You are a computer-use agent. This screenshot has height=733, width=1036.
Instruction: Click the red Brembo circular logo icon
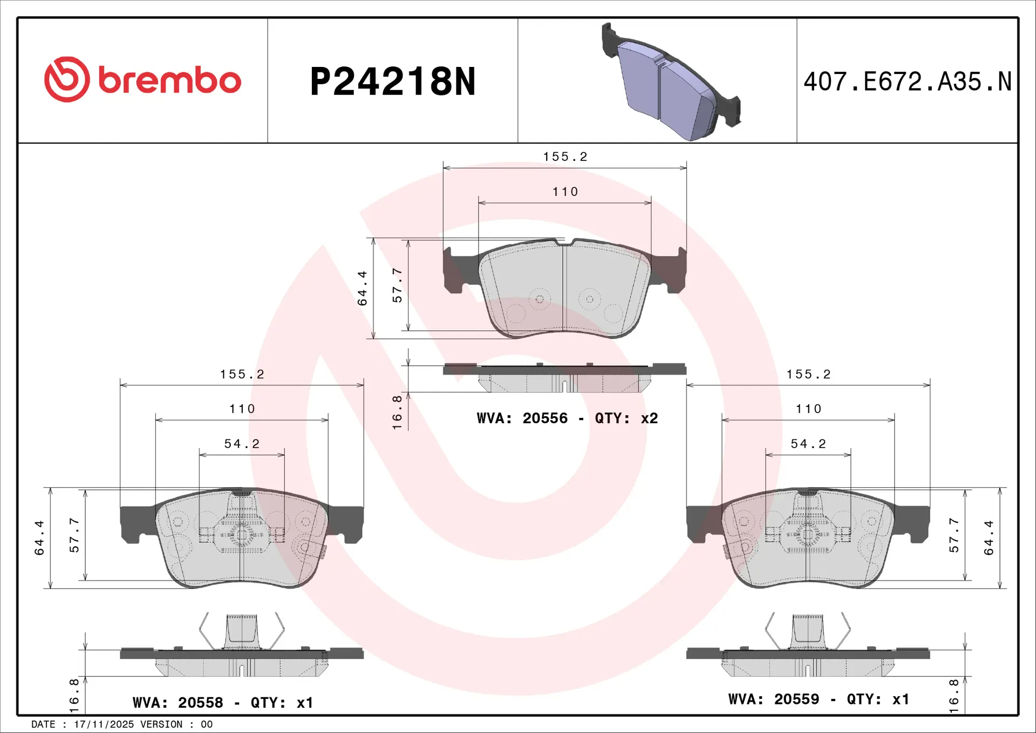[x=67, y=79]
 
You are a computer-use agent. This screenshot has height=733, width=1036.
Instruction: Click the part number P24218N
[x=393, y=82]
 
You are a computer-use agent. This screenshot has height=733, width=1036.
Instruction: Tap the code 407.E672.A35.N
[x=908, y=82]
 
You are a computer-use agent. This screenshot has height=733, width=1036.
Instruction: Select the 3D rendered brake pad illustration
[x=671, y=82]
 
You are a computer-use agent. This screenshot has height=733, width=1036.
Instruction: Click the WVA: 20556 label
[x=522, y=418]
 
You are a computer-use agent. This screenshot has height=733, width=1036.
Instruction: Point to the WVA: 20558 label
[x=178, y=703]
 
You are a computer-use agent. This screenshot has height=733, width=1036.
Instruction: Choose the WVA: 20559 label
[x=773, y=700]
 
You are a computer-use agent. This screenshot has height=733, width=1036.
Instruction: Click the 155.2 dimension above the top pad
[x=565, y=157]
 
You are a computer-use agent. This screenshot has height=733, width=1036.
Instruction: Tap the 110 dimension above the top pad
[x=565, y=192]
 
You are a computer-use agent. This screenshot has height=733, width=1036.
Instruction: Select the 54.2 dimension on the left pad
[x=242, y=444]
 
